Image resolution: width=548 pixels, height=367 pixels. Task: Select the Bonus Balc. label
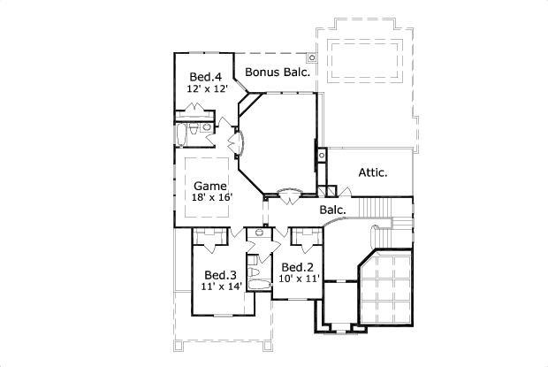277,73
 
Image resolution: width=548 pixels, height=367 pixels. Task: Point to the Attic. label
373,172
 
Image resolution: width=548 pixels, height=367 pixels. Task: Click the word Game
210,186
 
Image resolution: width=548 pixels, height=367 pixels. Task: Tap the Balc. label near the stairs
332,210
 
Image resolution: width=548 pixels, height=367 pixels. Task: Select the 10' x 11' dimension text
299,279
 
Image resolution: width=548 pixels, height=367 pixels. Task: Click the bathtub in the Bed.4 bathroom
183,134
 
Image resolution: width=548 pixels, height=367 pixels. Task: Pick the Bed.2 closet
308,237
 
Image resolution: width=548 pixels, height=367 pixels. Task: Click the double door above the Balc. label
288,191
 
